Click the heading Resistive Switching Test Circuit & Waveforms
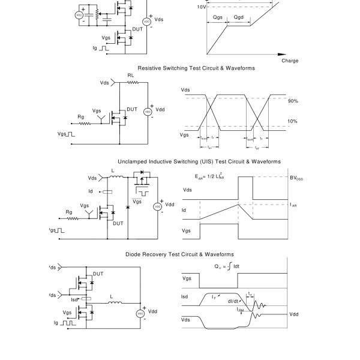[196, 68]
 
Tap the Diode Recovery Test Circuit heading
[179, 254]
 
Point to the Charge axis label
[289, 61]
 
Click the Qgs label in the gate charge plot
[218, 18]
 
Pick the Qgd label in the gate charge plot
[238, 18]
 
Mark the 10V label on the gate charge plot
[202, 7]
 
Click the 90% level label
[293, 101]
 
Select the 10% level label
[293, 121]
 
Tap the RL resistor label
[130, 76]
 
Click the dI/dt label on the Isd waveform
[234, 301]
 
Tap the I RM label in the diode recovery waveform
[240, 310]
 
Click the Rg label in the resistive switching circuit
[82, 117]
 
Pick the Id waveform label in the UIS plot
[185, 211]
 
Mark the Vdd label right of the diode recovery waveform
[294, 314]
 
